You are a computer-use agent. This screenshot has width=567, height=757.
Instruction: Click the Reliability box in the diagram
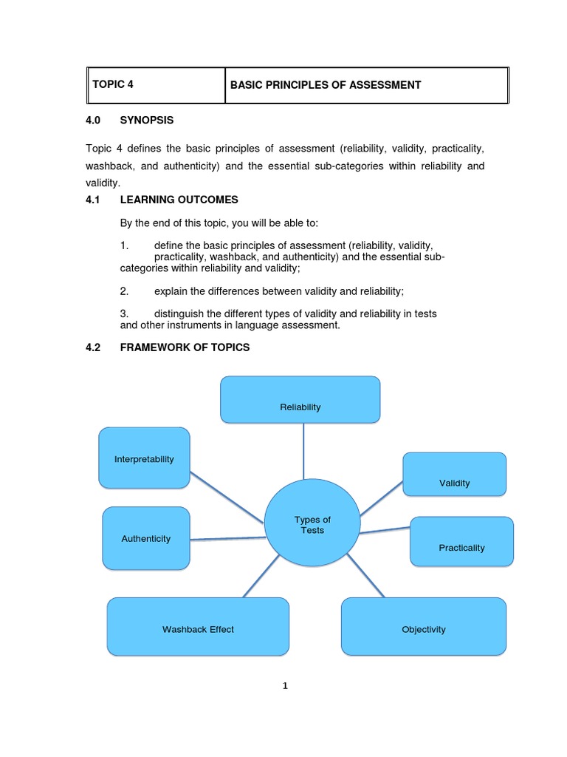click(300, 400)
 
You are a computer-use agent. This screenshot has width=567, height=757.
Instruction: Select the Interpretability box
click(144, 458)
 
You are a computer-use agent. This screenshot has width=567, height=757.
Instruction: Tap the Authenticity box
click(145, 538)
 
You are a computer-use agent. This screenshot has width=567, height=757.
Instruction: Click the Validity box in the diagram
click(454, 474)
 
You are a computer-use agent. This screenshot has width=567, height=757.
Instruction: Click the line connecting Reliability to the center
click(303, 451)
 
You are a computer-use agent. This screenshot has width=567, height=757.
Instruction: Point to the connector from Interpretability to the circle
click(227, 497)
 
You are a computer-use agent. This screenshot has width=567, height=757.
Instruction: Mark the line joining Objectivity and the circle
click(365, 575)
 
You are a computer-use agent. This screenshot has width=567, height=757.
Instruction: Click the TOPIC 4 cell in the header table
click(155, 85)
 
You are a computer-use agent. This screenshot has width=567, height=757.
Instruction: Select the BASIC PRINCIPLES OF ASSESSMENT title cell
click(366, 85)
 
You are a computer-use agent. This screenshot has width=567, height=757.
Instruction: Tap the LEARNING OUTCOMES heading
click(179, 200)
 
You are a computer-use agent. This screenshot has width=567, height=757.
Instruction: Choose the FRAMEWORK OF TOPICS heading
click(185, 347)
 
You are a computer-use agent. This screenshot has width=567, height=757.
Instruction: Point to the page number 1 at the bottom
click(285, 685)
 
